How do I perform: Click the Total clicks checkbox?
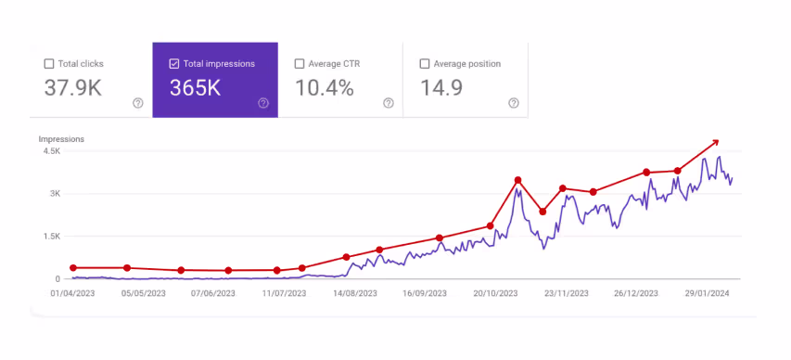tap(49, 64)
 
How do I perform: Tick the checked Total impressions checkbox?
tap(174, 64)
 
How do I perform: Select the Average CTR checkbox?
tap(300, 64)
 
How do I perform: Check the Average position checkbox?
tap(425, 64)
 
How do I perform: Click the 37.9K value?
tap(74, 89)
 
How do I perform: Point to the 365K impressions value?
tap(196, 89)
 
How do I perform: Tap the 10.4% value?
tap(324, 89)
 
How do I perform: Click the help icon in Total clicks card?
tap(138, 103)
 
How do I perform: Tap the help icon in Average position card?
tap(514, 103)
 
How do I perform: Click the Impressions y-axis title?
tap(61, 139)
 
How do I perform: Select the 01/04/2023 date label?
tap(72, 293)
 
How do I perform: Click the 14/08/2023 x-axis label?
tap(354, 293)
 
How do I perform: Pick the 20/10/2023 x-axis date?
tap(497, 293)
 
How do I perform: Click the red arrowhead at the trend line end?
tap(714, 142)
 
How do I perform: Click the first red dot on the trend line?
tap(73, 268)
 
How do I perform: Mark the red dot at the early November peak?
tap(518, 180)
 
